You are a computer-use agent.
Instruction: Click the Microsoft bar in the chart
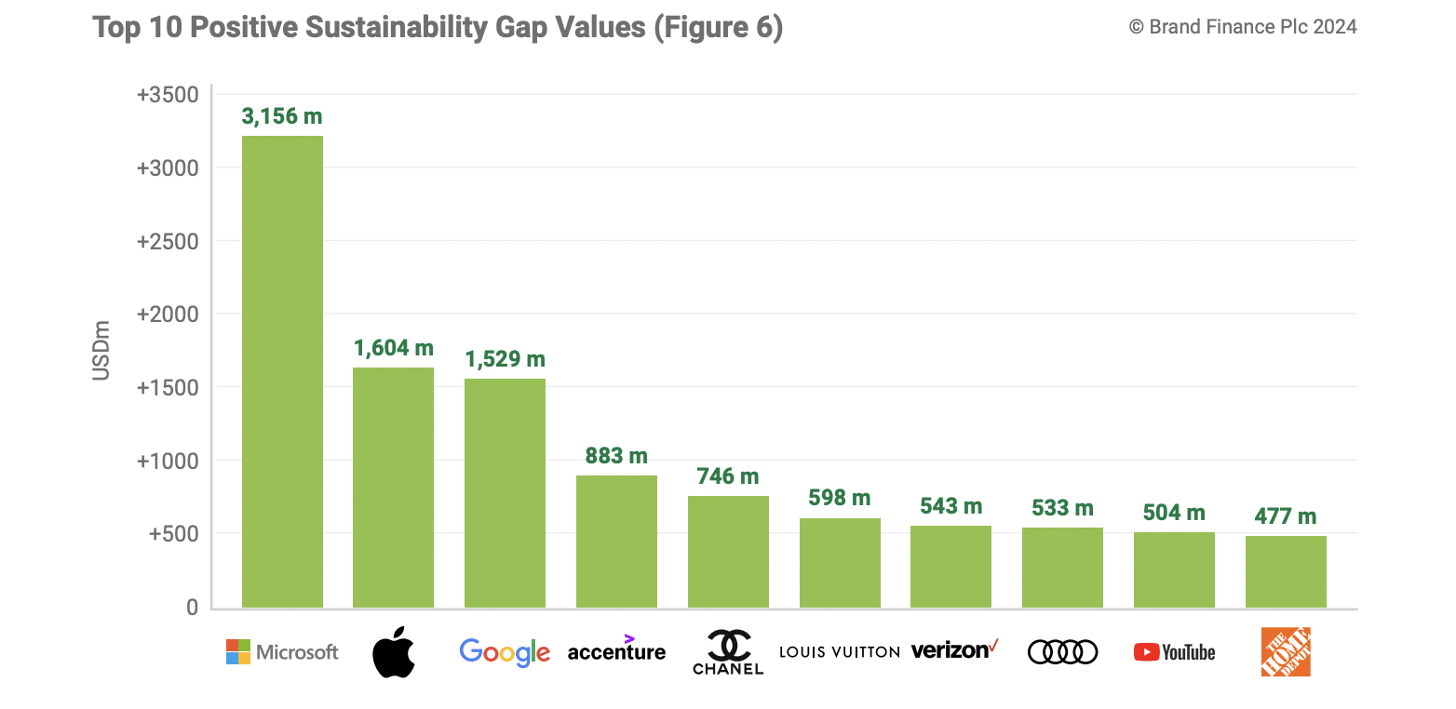(282, 372)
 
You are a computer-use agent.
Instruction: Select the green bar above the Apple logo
(393, 488)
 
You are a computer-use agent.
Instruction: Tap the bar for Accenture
(616, 542)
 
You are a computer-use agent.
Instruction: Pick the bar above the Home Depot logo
(1286, 572)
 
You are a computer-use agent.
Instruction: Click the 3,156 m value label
(282, 116)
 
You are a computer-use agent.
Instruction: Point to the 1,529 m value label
(505, 359)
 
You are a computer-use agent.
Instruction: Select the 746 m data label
(728, 476)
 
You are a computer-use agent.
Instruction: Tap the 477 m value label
(1286, 516)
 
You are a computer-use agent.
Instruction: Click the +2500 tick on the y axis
(168, 241)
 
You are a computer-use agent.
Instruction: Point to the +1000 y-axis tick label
(168, 461)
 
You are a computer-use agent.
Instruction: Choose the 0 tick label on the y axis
(192, 608)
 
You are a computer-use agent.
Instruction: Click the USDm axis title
(101, 350)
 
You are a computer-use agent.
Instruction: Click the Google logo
(505, 652)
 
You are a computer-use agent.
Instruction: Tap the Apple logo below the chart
(393, 652)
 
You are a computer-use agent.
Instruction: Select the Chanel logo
(728, 652)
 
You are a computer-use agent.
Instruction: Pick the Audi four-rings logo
(1062, 652)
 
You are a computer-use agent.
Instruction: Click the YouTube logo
(1174, 652)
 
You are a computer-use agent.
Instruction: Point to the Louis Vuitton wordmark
(839, 651)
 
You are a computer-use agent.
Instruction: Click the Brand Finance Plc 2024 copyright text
(1243, 27)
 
